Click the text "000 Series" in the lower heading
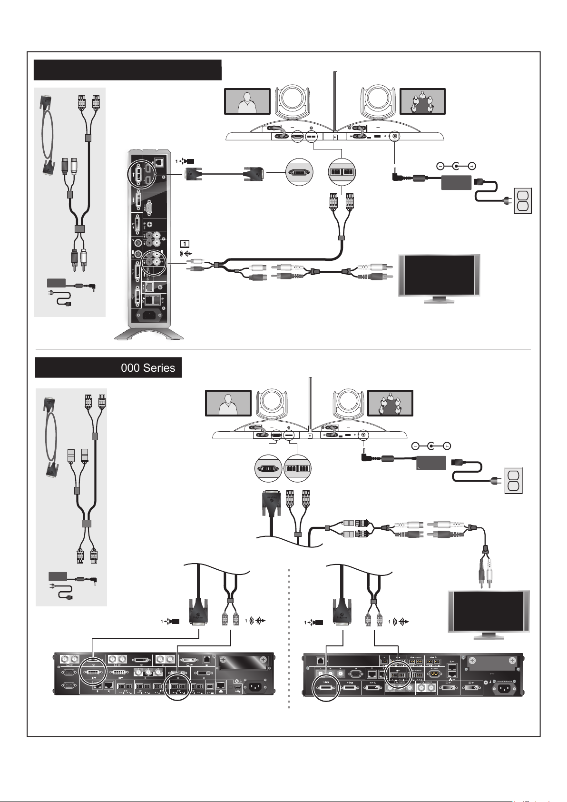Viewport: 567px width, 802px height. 148,368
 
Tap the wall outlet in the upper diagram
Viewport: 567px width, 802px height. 522,201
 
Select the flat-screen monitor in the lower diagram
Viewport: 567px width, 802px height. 489,613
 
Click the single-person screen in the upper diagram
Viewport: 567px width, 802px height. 247,101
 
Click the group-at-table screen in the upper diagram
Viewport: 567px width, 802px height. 422,101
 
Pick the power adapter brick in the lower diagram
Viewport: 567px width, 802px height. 431,463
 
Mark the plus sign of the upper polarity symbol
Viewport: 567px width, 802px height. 472,166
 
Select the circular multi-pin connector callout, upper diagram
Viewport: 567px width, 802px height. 299,172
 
